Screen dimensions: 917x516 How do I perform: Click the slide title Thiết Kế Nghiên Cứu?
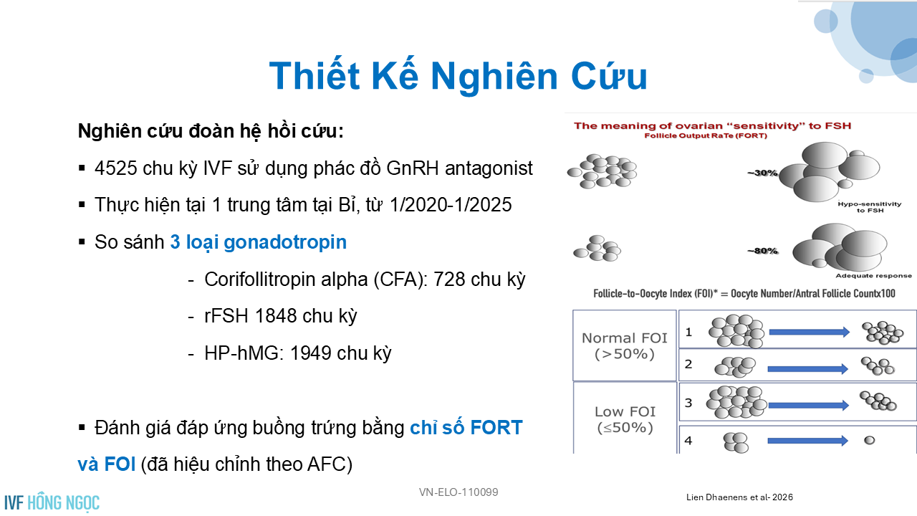point(458,76)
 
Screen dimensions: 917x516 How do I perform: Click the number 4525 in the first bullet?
point(116,168)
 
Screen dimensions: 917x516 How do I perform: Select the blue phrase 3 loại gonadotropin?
point(259,242)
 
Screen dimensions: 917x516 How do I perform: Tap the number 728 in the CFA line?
point(449,279)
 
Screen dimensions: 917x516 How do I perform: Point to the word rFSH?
point(226,316)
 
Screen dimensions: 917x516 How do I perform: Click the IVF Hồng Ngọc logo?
point(52,502)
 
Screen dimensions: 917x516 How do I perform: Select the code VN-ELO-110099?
point(458,492)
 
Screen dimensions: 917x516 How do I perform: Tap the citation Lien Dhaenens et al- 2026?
point(739,497)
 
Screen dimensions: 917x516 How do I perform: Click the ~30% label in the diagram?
point(762,173)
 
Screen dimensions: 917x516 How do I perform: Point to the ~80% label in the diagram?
point(762,251)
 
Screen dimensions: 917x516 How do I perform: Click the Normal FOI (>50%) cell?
point(624,345)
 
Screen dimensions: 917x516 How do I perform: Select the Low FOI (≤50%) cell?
point(625,419)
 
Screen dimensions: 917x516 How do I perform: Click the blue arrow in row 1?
point(810,332)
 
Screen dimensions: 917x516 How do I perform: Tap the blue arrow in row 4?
point(807,441)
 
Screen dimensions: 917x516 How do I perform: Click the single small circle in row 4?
point(870,440)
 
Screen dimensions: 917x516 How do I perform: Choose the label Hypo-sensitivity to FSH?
point(870,207)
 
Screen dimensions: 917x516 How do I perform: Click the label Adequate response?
point(873,276)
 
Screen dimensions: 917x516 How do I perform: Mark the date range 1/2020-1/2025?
point(451,205)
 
